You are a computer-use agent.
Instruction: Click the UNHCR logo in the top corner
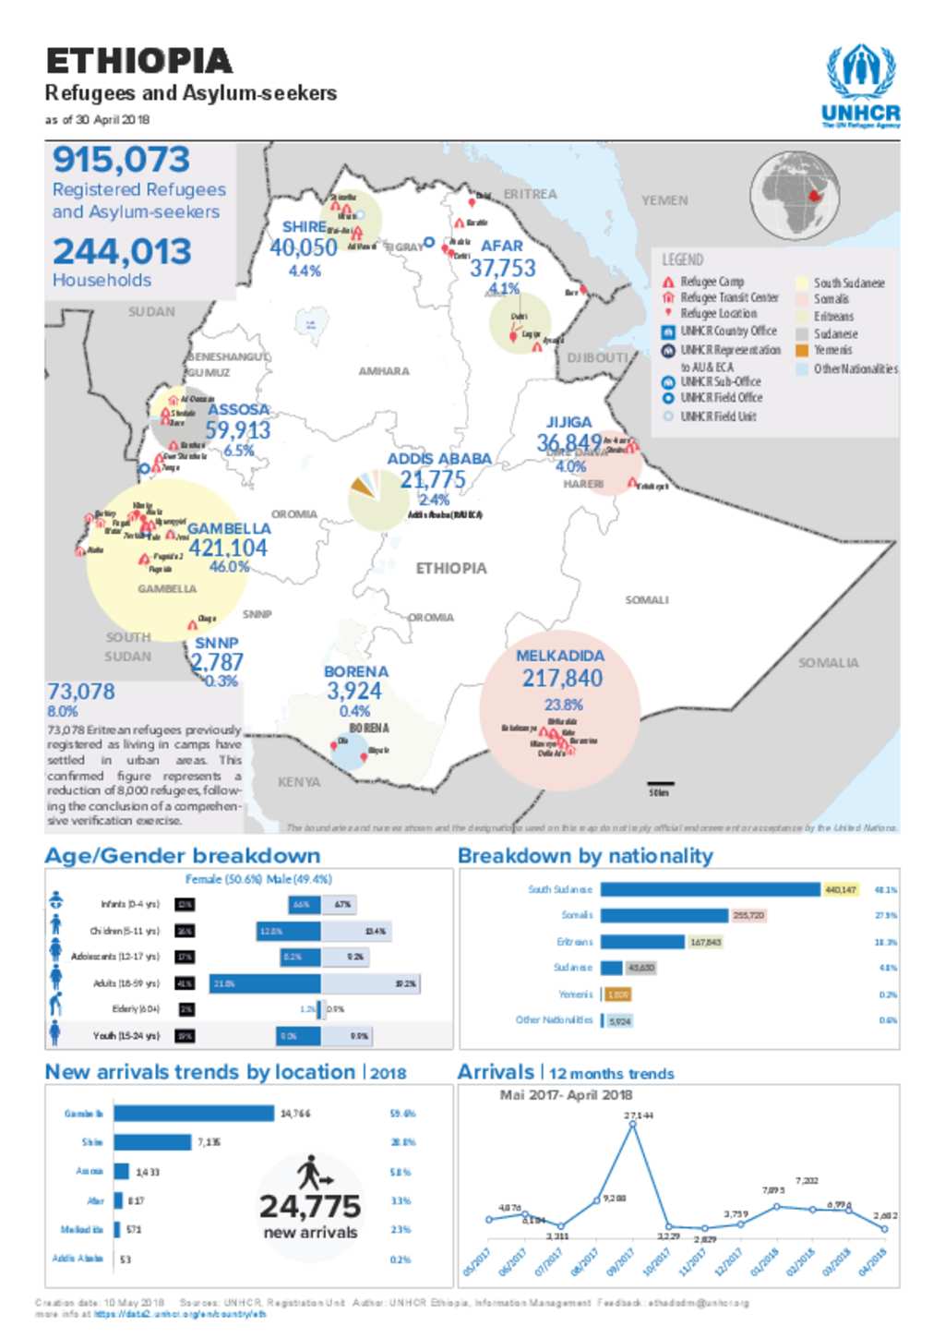(x=861, y=86)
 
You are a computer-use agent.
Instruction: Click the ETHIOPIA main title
(x=139, y=61)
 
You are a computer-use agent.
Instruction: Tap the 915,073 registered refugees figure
(x=121, y=160)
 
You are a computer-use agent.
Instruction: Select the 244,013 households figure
(x=122, y=251)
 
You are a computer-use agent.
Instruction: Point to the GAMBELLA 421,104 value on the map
(x=228, y=548)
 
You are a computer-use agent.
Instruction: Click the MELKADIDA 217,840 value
(x=562, y=679)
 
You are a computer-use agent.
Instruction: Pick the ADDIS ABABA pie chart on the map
(x=377, y=500)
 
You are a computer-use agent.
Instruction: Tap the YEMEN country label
(x=664, y=200)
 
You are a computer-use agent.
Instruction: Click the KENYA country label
(x=299, y=782)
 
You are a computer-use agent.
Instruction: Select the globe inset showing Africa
(x=795, y=194)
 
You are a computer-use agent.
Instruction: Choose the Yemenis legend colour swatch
(x=802, y=350)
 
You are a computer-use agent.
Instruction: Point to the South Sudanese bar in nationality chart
(x=710, y=889)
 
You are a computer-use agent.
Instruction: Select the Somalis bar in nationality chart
(x=664, y=915)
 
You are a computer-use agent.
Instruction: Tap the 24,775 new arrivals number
(x=310, y=1206)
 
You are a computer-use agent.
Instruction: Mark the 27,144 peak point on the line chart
(x=633, y=1124)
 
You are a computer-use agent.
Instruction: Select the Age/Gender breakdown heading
(x=183, y=856)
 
